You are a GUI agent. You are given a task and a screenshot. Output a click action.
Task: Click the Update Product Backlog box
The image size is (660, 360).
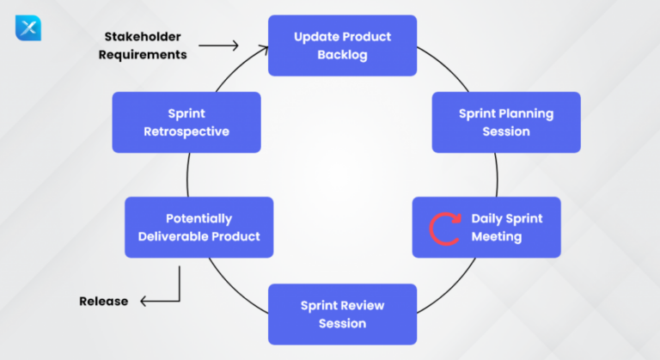click(x=342, y=46)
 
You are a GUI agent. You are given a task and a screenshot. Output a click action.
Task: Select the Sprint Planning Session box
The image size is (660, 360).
click(x=506, y=122)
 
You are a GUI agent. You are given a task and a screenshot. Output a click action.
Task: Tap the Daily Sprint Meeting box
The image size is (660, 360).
click(x=486, y=227)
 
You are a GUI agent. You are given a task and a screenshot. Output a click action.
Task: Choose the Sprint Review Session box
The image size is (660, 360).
click(x=342, y=314)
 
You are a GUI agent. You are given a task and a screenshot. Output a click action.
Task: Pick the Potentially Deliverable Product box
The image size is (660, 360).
click(x=199, y=227)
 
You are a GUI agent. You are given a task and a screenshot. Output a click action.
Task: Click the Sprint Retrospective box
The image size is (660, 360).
click(x=186, y=122)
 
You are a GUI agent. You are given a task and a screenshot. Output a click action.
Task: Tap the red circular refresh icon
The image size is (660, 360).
click(x=444, y=228)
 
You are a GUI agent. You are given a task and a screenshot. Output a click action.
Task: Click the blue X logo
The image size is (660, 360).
click(x=27, y=27)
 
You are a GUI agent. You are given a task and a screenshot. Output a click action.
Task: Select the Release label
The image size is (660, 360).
click(x=103, y=302)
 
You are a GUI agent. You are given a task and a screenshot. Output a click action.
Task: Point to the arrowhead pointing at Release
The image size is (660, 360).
click(x=145, y=302)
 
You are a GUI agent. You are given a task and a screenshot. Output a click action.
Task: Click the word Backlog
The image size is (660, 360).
click(x=342, y=55)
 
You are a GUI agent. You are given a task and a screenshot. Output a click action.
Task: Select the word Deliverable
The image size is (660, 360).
click(x=169, y=236)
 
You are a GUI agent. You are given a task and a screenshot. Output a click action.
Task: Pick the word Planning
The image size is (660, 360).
click(x=525, y=113)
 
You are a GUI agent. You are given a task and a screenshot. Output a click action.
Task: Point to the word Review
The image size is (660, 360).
click(x=364, y=305)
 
